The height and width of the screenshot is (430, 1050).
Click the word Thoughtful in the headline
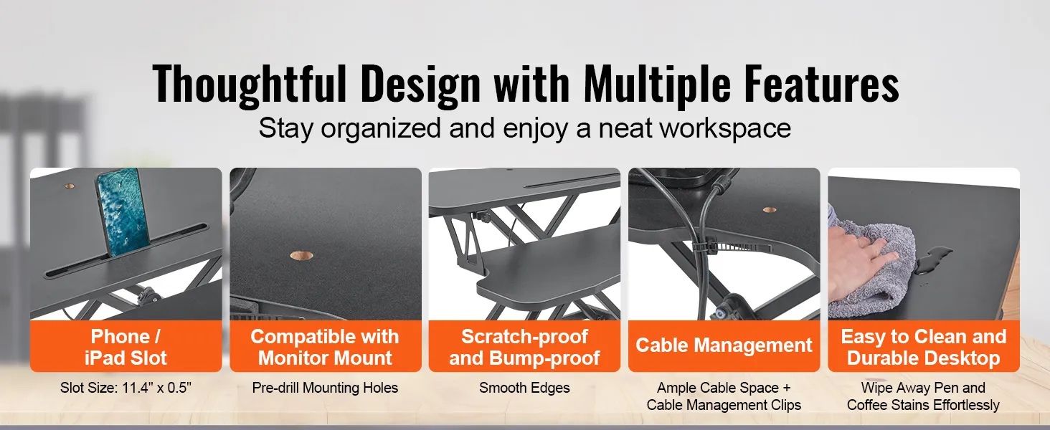250,85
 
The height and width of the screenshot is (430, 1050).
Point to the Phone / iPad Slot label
126,347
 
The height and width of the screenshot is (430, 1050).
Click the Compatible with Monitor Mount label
325,347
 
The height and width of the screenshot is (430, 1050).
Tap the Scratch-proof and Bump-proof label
524,347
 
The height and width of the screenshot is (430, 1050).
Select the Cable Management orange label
724,345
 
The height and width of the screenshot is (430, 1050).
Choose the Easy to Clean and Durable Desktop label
924,347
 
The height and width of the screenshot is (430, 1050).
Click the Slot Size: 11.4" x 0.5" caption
126,388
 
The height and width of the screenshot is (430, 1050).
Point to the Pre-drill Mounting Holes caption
325,388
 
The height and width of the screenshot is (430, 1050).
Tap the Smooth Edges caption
524,388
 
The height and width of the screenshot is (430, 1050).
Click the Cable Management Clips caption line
724,405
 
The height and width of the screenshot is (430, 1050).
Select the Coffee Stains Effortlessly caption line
923,405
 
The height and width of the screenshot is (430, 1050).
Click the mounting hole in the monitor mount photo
301,256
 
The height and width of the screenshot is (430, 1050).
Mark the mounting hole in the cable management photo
769,210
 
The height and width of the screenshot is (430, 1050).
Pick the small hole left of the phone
70,186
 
